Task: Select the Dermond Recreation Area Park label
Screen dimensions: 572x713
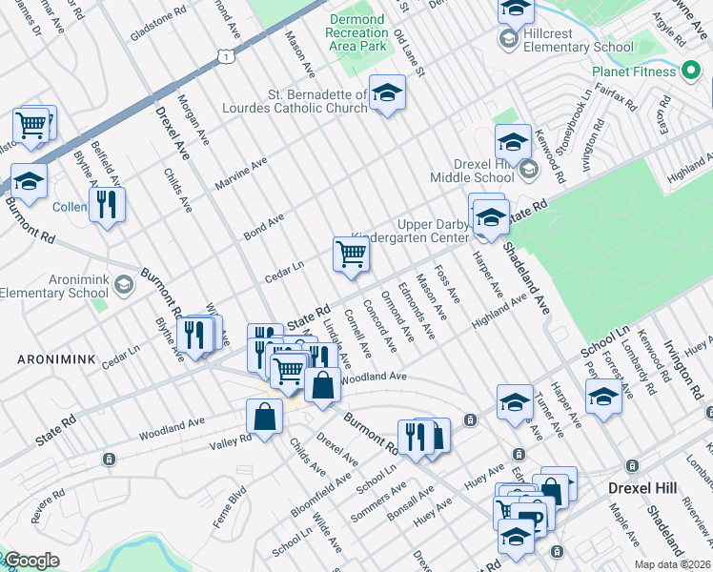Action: point(356,32)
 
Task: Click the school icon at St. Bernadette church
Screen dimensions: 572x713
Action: point(387,92)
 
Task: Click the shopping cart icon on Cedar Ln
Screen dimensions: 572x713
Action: point(351,255)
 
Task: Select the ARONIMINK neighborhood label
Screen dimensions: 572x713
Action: point(44,359)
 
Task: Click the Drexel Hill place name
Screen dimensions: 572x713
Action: point(642,488)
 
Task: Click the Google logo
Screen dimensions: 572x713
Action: point(31,561)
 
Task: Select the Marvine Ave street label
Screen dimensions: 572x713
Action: point(241,174)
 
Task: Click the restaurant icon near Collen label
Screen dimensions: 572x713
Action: point(107,203)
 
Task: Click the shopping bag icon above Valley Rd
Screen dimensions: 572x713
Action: point(264,417)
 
